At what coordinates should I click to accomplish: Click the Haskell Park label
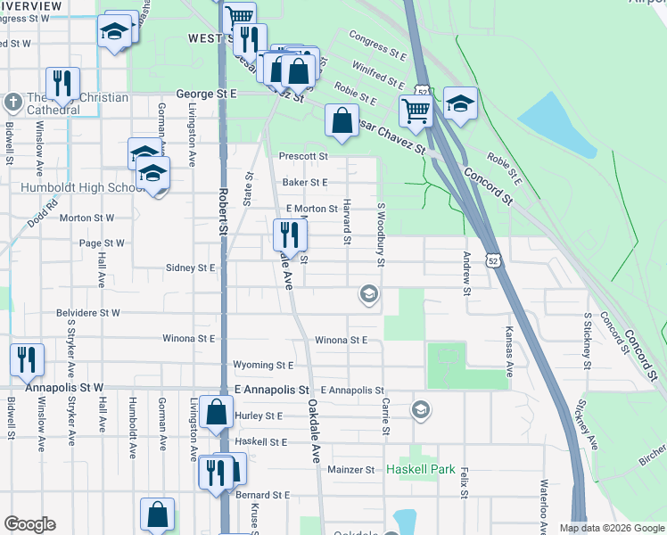(421, 469)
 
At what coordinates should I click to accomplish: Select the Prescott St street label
(304, 156)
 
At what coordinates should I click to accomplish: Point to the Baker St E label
(306, 182)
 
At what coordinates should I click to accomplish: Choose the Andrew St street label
(466, 268)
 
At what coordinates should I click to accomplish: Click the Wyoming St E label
(262, 365)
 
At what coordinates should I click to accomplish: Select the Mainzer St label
(351, 469)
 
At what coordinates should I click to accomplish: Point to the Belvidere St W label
(88, 313)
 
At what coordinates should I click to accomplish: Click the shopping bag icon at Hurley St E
(217, 412)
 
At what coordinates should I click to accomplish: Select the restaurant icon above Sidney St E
(289, 235)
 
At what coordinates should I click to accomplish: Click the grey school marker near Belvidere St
(368, 293)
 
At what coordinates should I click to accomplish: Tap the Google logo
(29, 524)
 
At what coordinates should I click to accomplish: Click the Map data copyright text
(611, 528)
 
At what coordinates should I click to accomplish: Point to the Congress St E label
(378, 46)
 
